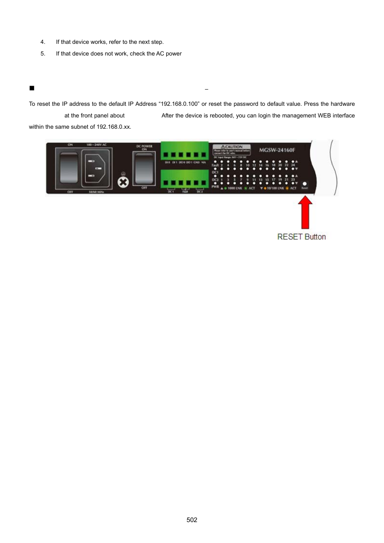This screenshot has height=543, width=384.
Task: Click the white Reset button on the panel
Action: tap(304, 184)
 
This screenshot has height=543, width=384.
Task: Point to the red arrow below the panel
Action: tap(305, 212)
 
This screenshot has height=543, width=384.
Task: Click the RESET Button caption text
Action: tap(301, 237)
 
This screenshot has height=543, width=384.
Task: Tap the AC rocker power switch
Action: tap(69, 167)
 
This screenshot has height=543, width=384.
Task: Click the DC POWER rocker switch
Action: tap(144, 169)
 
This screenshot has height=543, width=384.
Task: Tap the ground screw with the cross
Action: tap(123, 182)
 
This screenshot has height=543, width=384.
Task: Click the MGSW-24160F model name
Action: tap(277, 150)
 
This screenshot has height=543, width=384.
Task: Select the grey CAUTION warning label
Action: tap(231, 149)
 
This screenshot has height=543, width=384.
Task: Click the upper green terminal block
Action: tap(184, 151)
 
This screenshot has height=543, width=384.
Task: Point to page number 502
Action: tap(192, 520)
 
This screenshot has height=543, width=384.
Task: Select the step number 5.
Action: tap(43, 53)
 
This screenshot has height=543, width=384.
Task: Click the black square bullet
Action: tap(32, 88)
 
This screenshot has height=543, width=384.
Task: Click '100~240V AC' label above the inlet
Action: tap(96, 145)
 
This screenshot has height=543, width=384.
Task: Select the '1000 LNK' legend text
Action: tap(235, 188)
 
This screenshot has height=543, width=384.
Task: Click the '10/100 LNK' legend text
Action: tap(276, 188)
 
